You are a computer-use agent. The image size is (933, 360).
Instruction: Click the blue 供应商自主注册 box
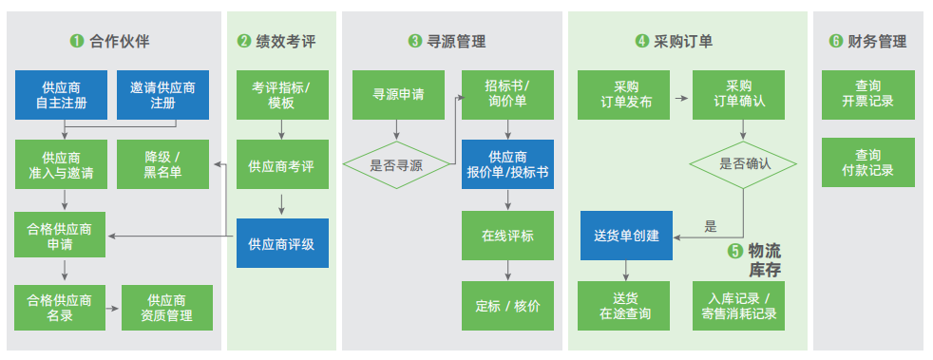pos(62,95)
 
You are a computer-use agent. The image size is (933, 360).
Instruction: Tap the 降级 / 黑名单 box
pos(162,164)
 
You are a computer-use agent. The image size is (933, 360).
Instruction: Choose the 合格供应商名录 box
pos(60,308)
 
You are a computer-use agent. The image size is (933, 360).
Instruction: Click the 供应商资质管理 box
pos(167,308)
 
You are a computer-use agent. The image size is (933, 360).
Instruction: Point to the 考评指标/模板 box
pos(282,95)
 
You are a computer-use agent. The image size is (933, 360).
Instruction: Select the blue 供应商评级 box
pos(282,243)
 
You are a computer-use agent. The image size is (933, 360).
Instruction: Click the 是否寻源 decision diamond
pos(397,165)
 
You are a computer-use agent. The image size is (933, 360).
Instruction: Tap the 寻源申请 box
pos(398,95)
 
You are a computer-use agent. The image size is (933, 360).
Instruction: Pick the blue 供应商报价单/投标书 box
pos(507,164)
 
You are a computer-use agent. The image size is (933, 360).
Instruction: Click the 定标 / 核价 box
pos(507,306)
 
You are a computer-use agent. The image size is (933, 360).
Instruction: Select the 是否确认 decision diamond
pos(743,165)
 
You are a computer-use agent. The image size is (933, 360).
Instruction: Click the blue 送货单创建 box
pos(626,235)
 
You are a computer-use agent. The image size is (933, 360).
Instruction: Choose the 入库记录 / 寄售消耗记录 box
pos(738,306)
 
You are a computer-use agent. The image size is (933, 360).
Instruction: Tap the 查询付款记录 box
pos(868,162)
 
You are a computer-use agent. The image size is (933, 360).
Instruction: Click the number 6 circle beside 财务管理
pos(835,41)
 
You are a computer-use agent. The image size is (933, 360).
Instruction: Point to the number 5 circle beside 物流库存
pos(734,251)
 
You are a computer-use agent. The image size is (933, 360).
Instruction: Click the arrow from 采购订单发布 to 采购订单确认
pos(680,95)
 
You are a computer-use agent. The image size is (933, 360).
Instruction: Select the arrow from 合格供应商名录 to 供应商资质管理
pos(113,308)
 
